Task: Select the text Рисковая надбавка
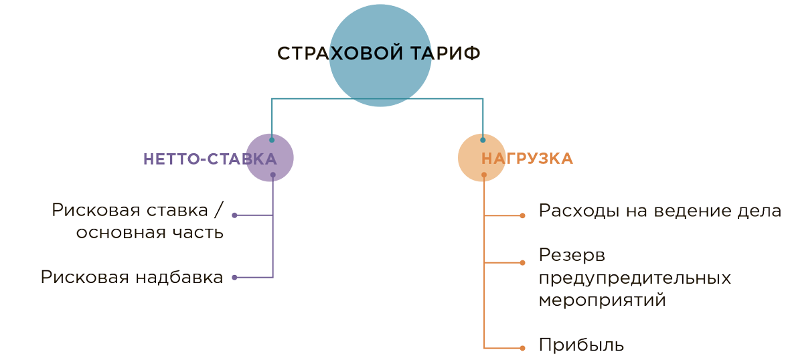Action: pyautogui.click(x=132, y=277)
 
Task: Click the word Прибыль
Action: pyautogui.click(x=581, y=346)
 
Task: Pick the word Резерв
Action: pyautogui.click(x=572, y=256)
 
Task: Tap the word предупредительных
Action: pyautogui.click(x=634, y=278)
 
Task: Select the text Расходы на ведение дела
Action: pyautogui.click(x=659, y=211)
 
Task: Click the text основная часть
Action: pyautogui.click(x=149, y=233)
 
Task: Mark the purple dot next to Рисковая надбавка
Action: pyautogui.click(x=234, y=277)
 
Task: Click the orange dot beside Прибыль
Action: pyautogui.click(x=523, y=347)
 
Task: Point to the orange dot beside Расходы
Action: pyautogui.click(x=523, y=215)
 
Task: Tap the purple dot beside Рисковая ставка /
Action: pyautogui.click(x=234, y=215)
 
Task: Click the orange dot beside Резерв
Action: pyautogui.click(x=523, y=262)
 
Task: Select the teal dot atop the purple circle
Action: pyautogui.click(x=271, y=141)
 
